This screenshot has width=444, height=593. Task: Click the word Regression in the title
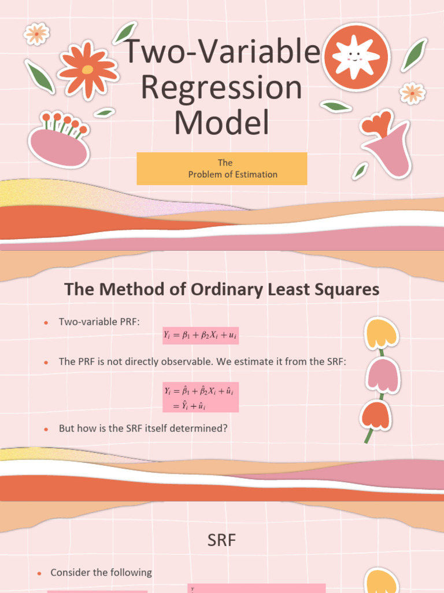(x=222, y=88)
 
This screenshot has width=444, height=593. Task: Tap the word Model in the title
(x=222, y=123)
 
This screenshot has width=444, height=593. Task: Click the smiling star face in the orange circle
(x=355, y=57)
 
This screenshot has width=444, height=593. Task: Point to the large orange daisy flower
(x=88, y=69)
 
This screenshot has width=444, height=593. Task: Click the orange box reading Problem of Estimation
(x=222, y=169)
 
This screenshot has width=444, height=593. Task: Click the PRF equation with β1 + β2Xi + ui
(x=200, y=335)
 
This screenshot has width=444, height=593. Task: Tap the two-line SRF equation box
(x=200, y=397)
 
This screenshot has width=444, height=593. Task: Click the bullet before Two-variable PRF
(x=45, y=323)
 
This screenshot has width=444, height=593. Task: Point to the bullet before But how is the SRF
(x=45, y=430)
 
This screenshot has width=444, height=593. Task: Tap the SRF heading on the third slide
(x=222, y=541)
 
